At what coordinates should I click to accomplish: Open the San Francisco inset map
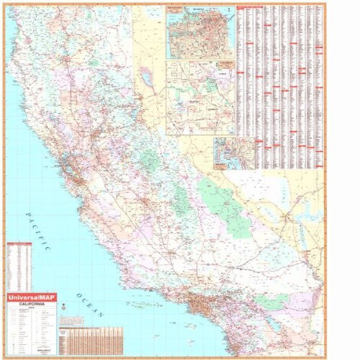(x=199, y=33)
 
